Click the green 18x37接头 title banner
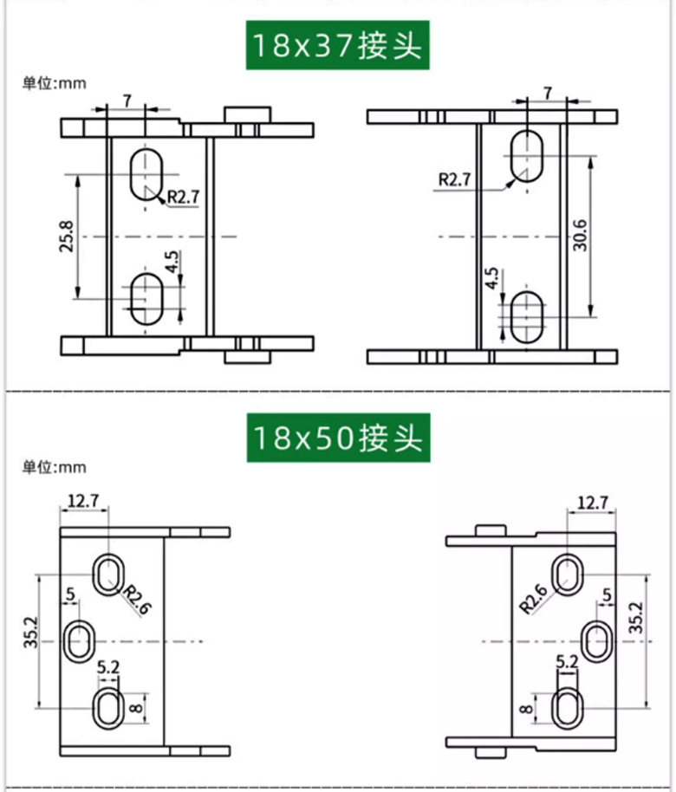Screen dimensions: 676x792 click(x=337, y=45)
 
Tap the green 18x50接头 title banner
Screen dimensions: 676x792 click(x=338, y=438)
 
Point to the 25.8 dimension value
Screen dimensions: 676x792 click(x=67, y=236)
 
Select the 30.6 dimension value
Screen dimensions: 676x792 click(x=580, y=235)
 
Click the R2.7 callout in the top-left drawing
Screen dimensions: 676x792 click(x=183, y=197)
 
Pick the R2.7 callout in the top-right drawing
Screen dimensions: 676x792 click(x=454, y=179)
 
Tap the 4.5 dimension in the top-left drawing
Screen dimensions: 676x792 click(x=172, y=262)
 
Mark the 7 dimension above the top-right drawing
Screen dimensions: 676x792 click(x=548, y=94)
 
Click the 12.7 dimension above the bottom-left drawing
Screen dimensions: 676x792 click(x=83, y=501)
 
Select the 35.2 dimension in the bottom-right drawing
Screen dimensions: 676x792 click(x=637, y=617)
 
